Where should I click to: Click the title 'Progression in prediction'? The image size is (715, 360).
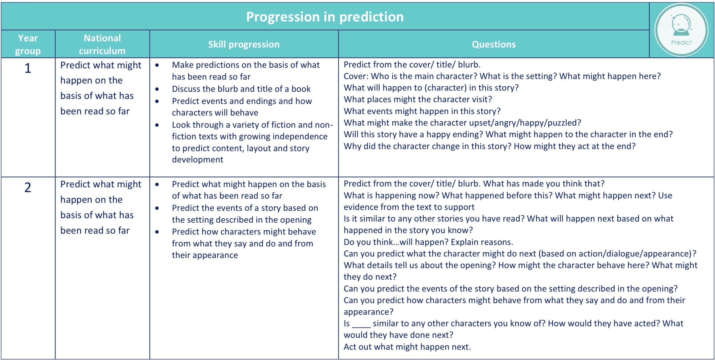[325, 17]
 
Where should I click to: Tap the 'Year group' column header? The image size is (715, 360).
[28, 45]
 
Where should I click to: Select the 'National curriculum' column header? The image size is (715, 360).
[102, 45]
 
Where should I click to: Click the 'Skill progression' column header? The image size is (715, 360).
[244, 45]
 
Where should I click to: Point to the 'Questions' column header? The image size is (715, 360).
[494, 45]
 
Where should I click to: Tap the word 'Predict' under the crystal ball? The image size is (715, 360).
[681, 42]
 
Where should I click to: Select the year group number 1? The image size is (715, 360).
[28, 68]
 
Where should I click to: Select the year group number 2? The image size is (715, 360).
[28, 188]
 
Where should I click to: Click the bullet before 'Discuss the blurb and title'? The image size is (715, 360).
[157, 89]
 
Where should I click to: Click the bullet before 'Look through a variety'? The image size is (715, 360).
[157, 125]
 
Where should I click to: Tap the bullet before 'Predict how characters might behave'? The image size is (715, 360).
[157, 232]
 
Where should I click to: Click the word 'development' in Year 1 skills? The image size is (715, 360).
[197, 160]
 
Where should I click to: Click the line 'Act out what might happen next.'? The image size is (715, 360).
[407, 347]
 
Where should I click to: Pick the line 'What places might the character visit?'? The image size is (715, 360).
[418, 99]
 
